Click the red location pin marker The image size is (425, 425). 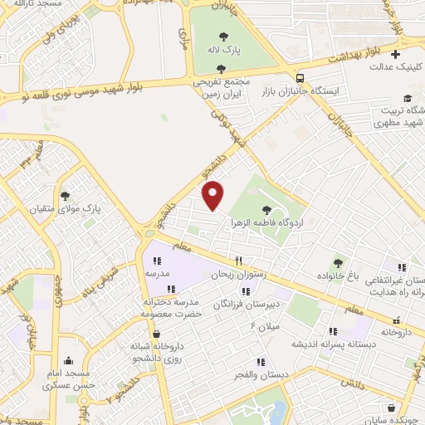[x=214, y=195]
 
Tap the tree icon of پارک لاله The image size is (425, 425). [x=247, y=36]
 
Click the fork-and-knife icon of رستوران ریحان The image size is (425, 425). [x=238, y=260]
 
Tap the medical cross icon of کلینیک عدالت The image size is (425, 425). [x=396, y=54]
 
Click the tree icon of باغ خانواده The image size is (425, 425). [x=337, y=261]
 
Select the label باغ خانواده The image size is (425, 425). [x=340, y=275]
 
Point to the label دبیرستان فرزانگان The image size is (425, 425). [x=247, y=305]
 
